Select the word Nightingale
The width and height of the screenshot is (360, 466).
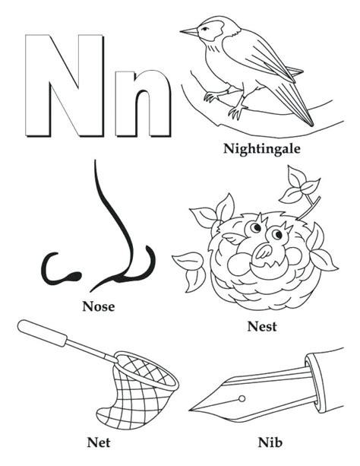pos(262,147)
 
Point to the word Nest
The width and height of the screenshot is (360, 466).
pos(261,327)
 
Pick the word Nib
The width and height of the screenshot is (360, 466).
pos(268,440)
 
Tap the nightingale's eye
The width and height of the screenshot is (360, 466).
pos(205,30)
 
